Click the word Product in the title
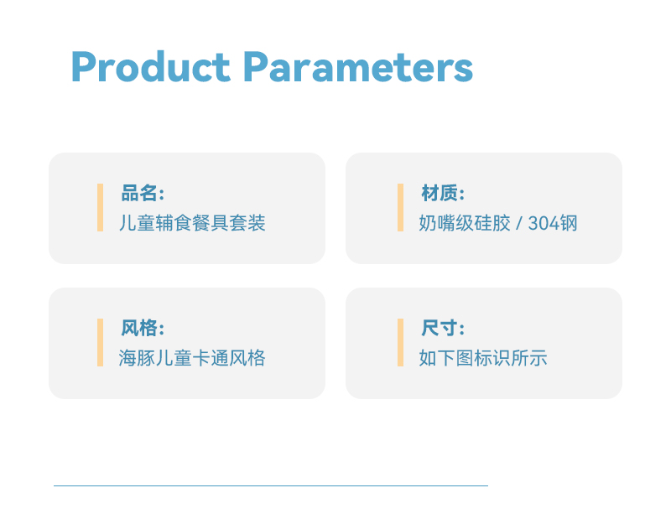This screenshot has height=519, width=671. point(151,66)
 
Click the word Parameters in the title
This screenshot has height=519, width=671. point(358,66)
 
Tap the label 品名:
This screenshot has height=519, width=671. point(143,193)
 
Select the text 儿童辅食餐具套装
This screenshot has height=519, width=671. point(192,223)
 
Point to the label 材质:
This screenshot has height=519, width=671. point(443,193)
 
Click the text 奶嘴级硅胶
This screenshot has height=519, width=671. point(465,223)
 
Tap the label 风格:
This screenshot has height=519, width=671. point(143,328)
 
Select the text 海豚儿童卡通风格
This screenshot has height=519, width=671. point(192,358)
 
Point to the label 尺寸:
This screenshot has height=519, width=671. point(443,328)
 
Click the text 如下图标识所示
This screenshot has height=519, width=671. point(483,358)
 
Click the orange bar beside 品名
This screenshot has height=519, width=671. point(100,207)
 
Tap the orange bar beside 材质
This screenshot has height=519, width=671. point(401,207)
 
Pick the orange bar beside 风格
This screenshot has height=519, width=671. point(100,342)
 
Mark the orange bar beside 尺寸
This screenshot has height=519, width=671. point(401,342)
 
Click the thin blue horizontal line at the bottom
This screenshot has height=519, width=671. point(271,485)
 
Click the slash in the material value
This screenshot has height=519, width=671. point(519,223)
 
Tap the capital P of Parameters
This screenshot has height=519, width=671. point(256,66)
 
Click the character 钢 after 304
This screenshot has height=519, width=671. point(569,223)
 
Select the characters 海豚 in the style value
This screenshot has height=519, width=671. point(137,358)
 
